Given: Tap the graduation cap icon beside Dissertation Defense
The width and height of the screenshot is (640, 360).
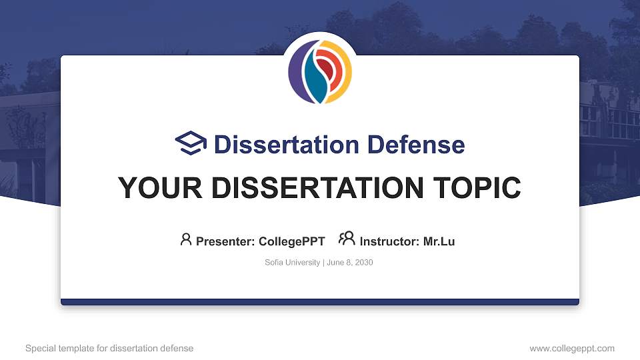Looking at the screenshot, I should (191, 143).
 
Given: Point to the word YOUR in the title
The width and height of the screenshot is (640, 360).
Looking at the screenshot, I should (149, 189).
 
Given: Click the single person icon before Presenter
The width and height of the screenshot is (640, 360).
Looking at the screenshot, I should (186, 239).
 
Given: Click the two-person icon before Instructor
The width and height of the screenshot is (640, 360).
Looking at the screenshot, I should (347, 239).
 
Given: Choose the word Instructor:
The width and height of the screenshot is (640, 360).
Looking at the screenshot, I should (390, 241).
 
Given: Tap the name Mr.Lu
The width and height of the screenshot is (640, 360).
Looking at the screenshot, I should (439, 241).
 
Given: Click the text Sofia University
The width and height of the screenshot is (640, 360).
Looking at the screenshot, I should (293, 263).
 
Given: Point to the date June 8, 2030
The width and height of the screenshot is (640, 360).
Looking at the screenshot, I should (350, 263).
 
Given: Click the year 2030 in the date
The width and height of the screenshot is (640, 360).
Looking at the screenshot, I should (364, 263).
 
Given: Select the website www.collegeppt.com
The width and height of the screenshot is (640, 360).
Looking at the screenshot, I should (572, 349).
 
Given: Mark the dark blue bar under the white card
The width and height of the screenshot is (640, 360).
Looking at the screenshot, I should (320, 302).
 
